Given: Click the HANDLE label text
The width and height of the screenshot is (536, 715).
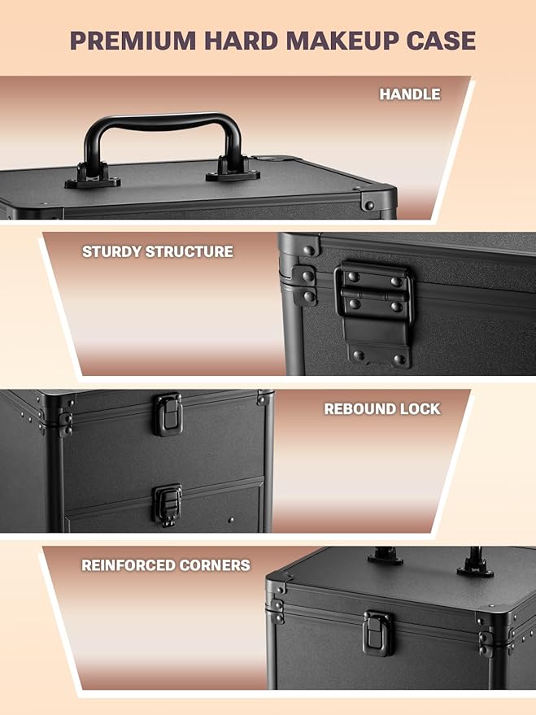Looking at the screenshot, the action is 410,94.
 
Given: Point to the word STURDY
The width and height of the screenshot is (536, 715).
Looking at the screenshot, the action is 111,251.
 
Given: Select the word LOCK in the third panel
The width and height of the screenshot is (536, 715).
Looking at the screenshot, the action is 421,409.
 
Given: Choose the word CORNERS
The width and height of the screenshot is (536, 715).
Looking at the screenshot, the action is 215,565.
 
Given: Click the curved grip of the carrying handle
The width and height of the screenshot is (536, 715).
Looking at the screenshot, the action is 163,122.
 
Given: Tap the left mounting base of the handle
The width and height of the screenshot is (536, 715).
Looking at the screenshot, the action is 93,178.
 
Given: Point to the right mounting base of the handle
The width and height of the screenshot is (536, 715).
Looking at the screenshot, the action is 233,171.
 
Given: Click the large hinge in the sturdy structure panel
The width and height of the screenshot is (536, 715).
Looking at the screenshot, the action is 375,313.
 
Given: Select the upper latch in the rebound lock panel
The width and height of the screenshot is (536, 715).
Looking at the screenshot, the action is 168,415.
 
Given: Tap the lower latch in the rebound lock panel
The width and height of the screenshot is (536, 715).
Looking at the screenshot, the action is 168,504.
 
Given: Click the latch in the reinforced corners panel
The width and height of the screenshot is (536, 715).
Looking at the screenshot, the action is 378,633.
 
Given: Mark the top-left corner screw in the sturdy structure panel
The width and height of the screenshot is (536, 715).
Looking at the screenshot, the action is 309,251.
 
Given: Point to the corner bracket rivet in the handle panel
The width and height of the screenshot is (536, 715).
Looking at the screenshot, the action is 369,205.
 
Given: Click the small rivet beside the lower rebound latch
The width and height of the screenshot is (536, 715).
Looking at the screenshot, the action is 231,520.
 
